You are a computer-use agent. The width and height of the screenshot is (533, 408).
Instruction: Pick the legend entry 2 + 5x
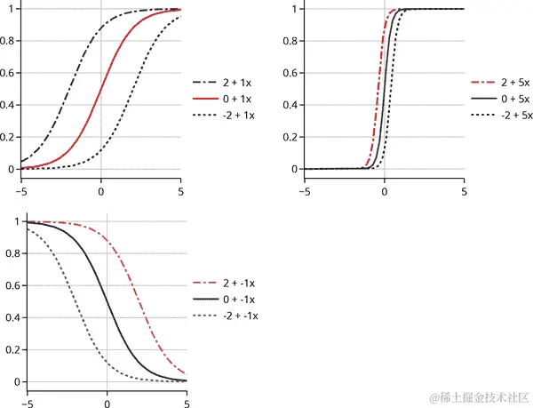coord(514,80)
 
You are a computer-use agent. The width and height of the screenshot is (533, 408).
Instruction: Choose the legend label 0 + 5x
coord(514,98)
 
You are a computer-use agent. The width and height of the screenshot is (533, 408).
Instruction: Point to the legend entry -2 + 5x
coord(516,116)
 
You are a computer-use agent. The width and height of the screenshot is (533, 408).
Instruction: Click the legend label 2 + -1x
coord(243,284)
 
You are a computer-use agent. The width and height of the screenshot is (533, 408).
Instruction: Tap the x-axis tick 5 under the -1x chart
coord(187,397)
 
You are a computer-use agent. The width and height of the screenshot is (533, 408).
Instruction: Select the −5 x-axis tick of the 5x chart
coord(304,188)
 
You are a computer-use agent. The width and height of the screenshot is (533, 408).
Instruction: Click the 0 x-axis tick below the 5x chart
coord(384,188)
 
